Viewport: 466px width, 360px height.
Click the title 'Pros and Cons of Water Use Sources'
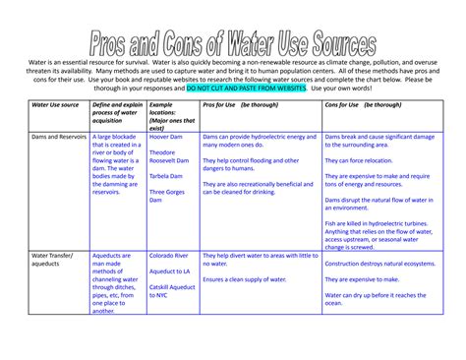pos(233,42)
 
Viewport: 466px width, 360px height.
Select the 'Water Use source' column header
pos(55,103)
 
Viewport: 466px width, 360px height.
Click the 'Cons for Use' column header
pos(360,103)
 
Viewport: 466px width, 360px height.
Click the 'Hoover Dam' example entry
pos(167,137)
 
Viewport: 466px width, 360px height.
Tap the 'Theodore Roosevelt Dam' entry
pos(169,157)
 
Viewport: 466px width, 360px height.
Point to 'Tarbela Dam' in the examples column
pos(167,177)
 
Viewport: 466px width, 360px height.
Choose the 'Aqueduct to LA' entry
pos(169,270)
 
